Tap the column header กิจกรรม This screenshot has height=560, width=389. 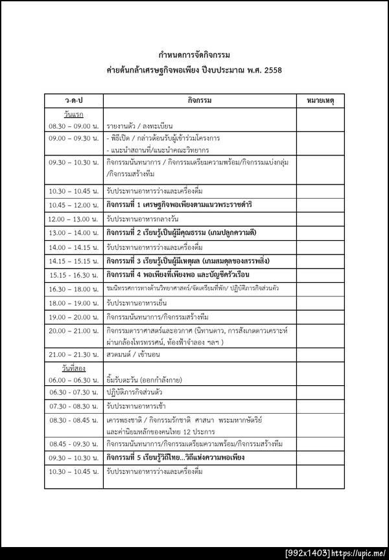click(x=200, y=102)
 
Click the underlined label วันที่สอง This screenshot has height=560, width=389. click(x=67, y=368)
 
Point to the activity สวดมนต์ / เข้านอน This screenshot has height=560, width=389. click(x=134, y=355)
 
